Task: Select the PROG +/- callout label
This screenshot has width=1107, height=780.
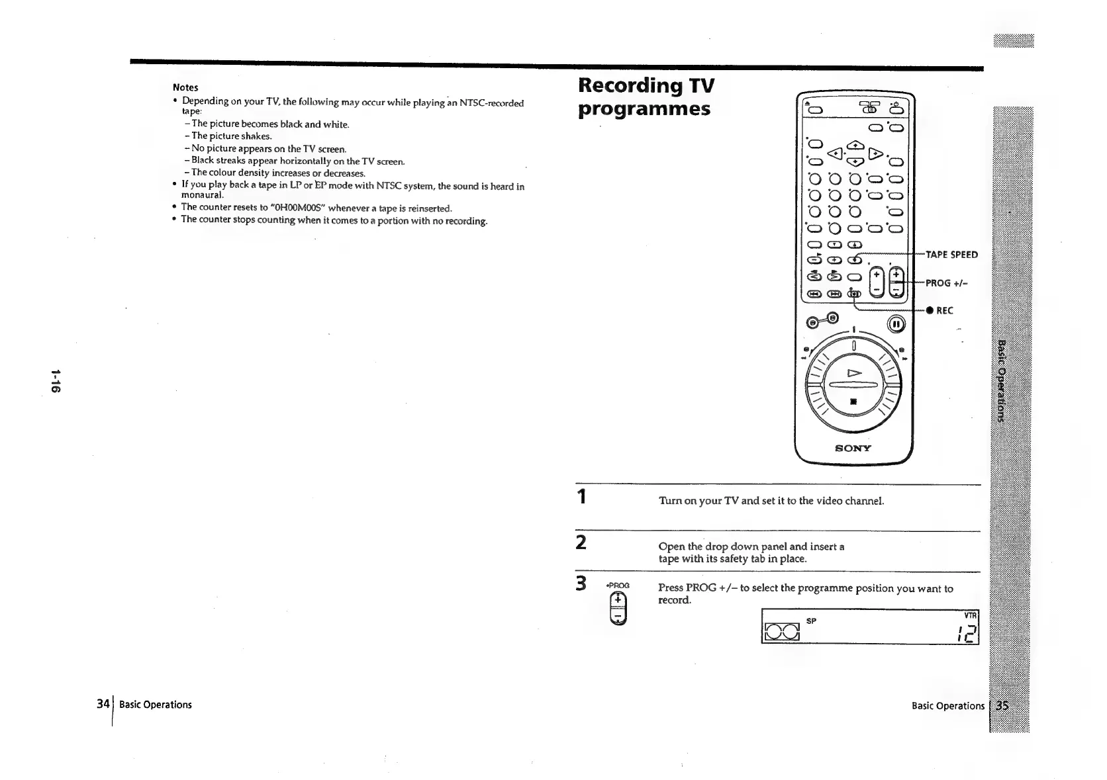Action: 948,283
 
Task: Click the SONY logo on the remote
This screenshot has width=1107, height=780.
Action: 853,448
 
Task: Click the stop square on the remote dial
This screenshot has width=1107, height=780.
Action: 854,400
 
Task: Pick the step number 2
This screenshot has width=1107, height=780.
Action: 581,542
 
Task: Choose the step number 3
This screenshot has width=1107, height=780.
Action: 581,584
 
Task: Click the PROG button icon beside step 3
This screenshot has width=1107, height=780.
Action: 618,608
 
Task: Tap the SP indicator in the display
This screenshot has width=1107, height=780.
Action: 811,621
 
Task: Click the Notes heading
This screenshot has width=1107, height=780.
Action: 185,87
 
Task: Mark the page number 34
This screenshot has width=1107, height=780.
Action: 103,704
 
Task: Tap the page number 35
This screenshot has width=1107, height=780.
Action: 1002,705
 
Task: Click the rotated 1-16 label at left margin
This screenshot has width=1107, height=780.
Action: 56,380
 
